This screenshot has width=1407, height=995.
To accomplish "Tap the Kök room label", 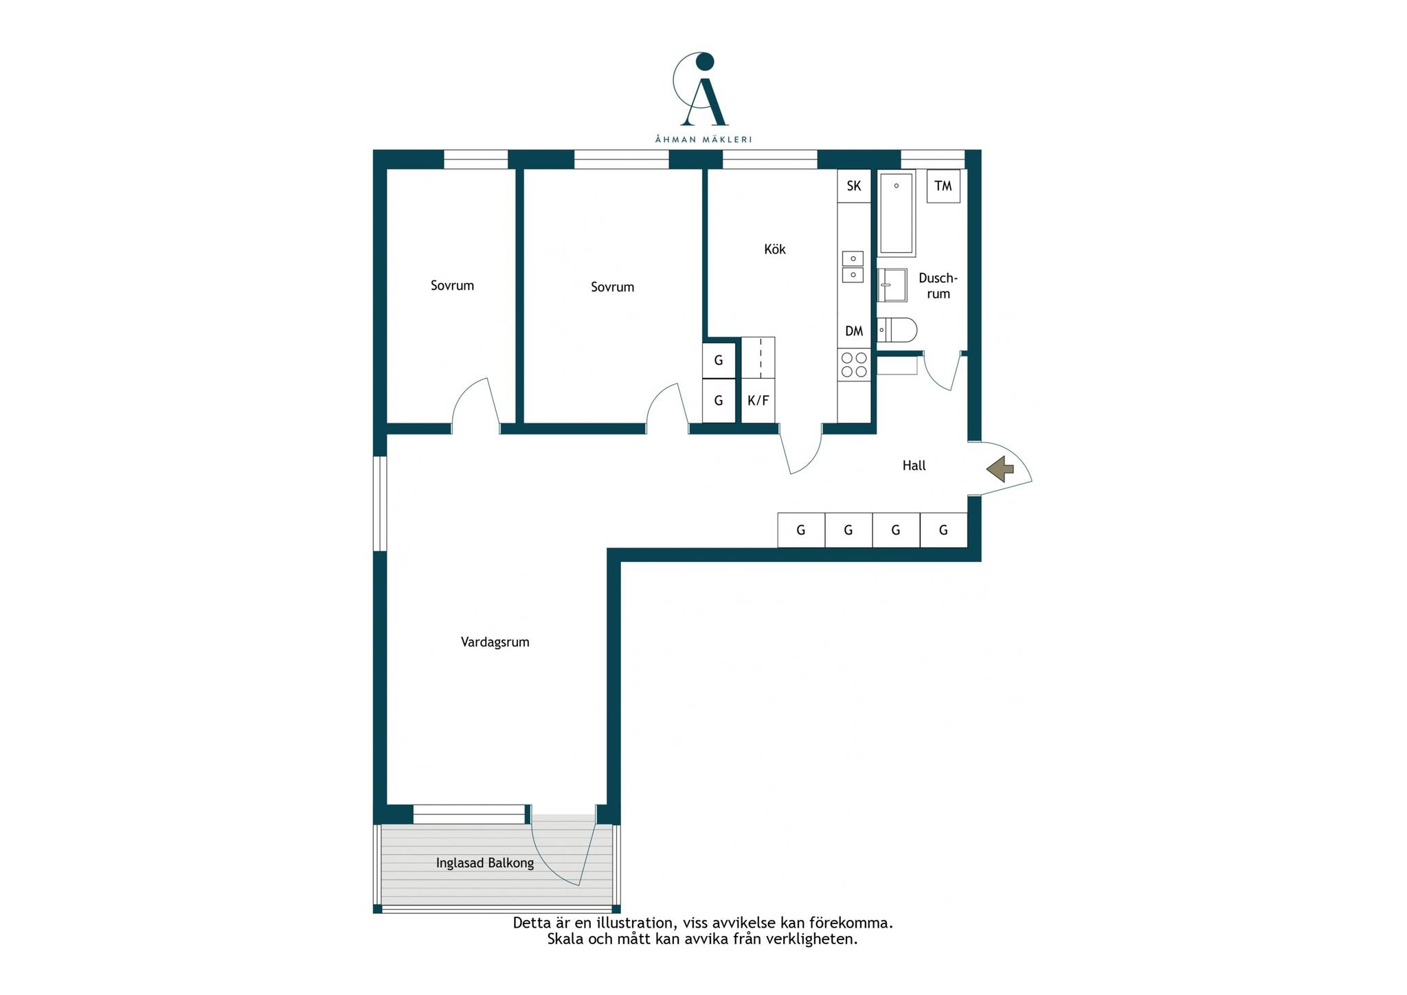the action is tap(775, 249).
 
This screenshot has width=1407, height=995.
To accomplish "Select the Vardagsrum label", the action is tap(495, 642).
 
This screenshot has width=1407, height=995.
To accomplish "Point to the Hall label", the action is tap(914, 466).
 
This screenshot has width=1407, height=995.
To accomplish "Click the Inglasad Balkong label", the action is tap(485, 863).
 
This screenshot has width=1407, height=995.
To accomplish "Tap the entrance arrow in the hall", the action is tap(1000, 469).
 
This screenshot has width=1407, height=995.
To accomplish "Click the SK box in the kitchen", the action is tap(854, 186).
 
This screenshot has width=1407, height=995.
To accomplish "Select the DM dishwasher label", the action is tap(854, 331).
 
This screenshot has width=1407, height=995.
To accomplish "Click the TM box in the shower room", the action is tap(943, 186).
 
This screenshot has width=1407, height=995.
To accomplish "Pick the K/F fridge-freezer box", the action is tap(758, 401).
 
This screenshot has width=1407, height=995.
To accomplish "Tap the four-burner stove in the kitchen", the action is tap(854, 365).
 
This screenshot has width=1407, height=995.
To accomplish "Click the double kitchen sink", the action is tap(853, 267).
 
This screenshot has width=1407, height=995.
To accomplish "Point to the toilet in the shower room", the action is tap(897, 330).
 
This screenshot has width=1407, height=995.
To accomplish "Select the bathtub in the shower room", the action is tap(897, 213).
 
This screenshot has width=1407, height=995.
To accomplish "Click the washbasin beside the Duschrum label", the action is tap(892, 285).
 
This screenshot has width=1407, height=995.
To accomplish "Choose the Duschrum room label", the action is tap(938, 286).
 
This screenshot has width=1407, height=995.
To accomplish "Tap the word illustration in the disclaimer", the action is tap(635, 923).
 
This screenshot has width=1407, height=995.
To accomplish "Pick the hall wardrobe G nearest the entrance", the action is tap(943, 530).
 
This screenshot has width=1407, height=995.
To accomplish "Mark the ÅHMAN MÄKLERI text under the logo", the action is tap(703, 139).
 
